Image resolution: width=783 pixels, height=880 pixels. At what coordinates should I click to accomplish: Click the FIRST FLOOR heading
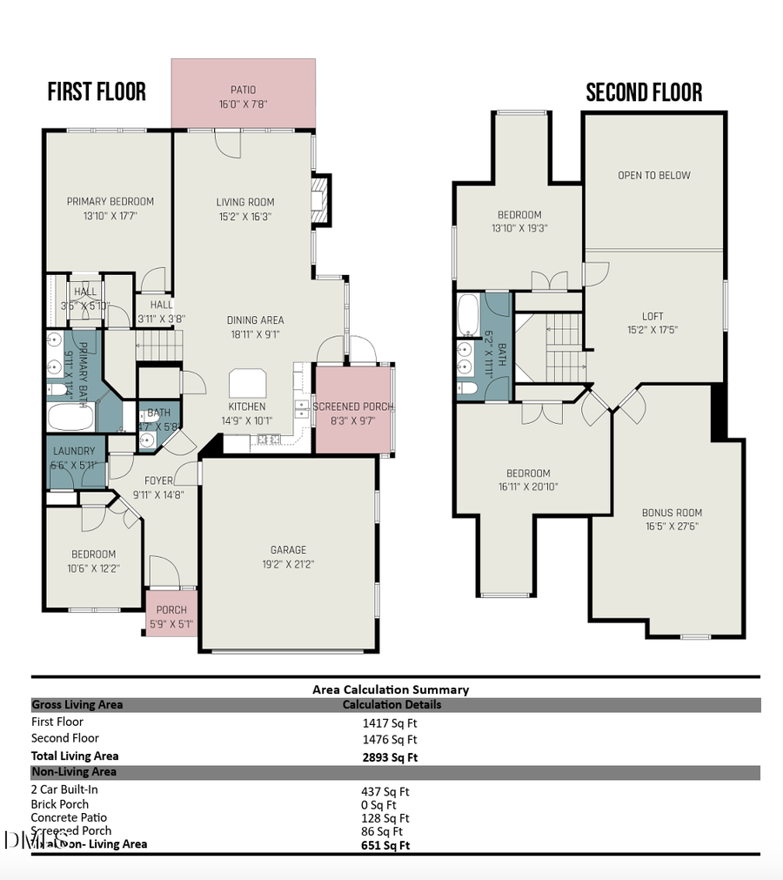(x=97, y=91)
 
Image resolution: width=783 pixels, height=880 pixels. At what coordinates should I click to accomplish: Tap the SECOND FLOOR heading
(x=644, y=92)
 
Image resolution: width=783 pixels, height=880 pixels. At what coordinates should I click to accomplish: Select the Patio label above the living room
(x=244, y=90)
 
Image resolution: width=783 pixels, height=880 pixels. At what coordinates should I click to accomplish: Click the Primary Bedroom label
(x=110, y=202)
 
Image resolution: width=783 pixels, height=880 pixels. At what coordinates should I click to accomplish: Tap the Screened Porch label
(x=352, y=406)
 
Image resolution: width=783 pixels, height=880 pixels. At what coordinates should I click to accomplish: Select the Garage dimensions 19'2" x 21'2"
(x=288, y=564)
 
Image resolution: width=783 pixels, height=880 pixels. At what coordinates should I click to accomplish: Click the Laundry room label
(x=74, y=451)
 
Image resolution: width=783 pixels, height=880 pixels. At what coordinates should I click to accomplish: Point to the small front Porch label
(x=171, y=610)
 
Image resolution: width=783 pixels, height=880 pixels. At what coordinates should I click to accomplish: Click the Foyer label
(x=158, y=480)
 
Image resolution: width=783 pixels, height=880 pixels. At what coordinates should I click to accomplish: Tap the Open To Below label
(x=654, y=175)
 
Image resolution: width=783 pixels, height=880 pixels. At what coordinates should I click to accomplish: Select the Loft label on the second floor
(x=652, y=316)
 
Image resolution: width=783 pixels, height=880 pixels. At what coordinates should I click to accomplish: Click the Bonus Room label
(x=672, y=513)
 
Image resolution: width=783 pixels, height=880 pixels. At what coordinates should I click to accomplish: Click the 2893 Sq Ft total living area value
(x=390, y=757)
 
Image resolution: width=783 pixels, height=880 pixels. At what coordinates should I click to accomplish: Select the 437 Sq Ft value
(x=385, y=792)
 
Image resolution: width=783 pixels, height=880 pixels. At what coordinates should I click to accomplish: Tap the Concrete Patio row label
(x=69, y=817)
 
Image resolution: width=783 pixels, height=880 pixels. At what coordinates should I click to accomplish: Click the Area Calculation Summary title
(x=391, y=689)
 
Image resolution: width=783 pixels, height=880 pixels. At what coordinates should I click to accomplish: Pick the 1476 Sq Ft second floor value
(x=388, y=740)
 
